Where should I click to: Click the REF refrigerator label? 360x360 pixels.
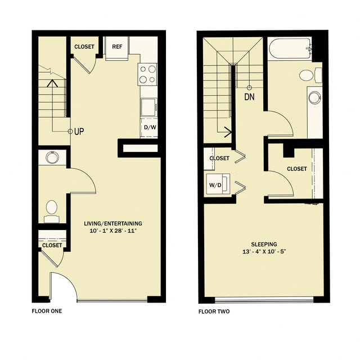click(x=117, y=47)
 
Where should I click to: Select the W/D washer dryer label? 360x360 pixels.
click(x=215, y=184)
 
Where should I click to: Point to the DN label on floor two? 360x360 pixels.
click(x=249, y=97)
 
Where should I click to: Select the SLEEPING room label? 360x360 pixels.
click(x=263, y=244)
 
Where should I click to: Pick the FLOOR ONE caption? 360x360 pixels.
click(x=47, y=311)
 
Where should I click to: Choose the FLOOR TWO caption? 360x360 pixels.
click(x=214, y=311)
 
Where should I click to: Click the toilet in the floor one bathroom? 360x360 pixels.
click(x=52, y=208)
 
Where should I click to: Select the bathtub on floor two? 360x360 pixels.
click(x=289, y=49)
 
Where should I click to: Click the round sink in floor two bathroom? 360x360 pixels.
click(x=314, y=97)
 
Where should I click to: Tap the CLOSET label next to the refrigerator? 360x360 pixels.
click(x=84, y=47)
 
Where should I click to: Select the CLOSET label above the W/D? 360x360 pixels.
click(x=219, y=158)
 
